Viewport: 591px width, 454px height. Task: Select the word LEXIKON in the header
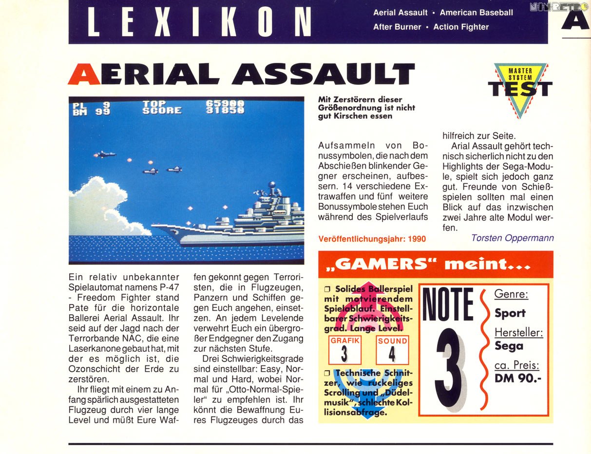[x=199, y=22]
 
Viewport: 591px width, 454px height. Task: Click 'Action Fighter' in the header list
[x=461, y=27]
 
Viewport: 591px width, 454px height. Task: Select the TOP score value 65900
[x=225, y=103]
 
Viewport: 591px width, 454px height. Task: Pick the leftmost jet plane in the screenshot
[x=105, y=154]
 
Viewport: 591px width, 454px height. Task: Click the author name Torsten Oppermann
[x=512, y=238]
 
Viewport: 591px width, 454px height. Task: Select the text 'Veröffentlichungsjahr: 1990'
[x=372, y=239]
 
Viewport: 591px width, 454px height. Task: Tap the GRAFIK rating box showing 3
[x=344, y=350]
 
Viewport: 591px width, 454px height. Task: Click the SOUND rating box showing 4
[x=392, y=350]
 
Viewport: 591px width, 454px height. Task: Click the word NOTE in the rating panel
[x=447, y=305]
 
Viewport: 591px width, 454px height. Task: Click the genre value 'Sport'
[x=510, y=313]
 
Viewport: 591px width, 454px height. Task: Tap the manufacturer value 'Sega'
[x=509, y=346]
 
